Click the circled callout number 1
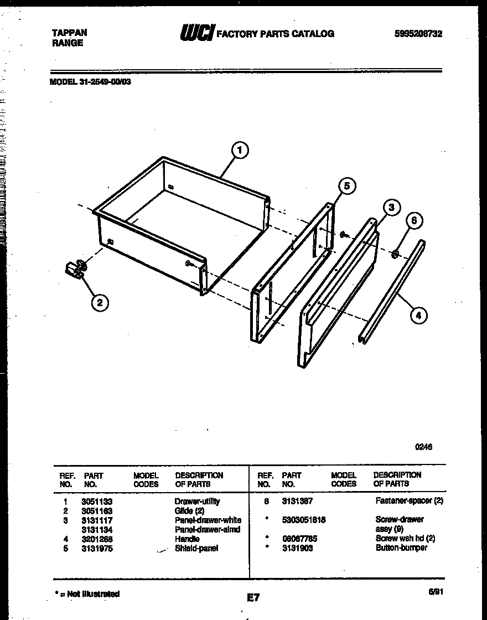[239, 150]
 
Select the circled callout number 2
[100, 302]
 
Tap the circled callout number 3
[391, 208]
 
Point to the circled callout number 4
[418, 316]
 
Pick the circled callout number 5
[346, 186]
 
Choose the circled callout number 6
[415, 221]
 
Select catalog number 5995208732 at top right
[418, 34]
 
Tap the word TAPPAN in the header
[69, 33]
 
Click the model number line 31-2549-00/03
[90, 81]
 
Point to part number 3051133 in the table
[97, 502]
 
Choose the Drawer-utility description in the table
[197, 502]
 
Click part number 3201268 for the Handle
[97, 539]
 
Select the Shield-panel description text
[196, 548]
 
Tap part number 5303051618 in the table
[303, 520]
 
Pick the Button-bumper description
[401, 548]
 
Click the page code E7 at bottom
[253, 597]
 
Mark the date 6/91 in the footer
[435, 592]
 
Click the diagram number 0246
[423, 447]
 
